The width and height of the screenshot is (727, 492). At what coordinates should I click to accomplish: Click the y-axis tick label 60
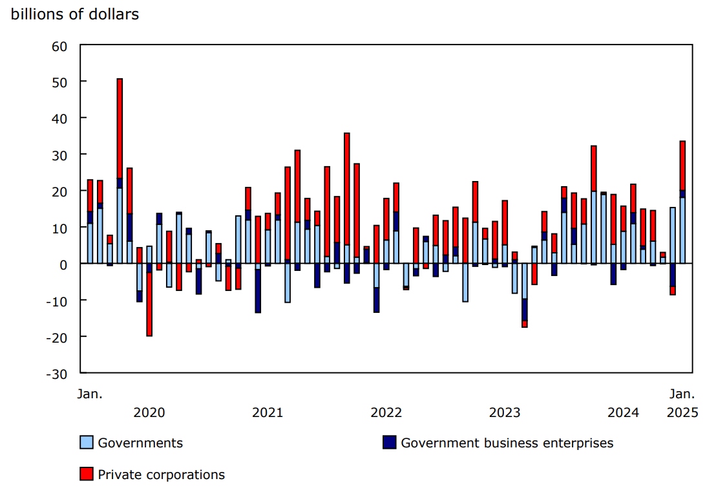[x=59, y=45]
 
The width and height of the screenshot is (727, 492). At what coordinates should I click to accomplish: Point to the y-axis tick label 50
[x=59, y=82]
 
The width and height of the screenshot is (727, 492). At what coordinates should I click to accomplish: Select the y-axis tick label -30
[x=57, y=374]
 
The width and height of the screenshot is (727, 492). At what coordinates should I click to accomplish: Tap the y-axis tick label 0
[x=63, y=264]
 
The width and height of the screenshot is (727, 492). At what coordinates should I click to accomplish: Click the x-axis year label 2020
[x=149, y=412]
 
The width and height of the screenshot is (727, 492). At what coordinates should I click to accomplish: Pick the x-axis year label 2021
[x=268, y=412]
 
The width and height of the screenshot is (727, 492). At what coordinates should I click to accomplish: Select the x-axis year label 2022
[x=386, y=412]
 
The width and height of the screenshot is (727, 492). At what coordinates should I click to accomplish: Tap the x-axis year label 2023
[x=505, y=412]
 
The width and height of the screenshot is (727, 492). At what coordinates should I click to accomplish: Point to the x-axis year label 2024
[x=623, y=412]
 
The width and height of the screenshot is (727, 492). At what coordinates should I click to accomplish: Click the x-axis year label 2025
[x=682, y=412]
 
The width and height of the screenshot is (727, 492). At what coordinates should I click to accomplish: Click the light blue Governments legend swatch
[x=86, y=443]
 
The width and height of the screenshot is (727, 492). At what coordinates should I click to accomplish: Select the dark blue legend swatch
[x=389, y=443]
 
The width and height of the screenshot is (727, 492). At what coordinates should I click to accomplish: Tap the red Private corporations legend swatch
[x=86, y=475]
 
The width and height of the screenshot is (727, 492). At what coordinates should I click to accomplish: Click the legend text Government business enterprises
[x=507, y=443]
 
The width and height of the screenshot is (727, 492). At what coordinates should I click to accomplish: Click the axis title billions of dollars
[x=75, y=14]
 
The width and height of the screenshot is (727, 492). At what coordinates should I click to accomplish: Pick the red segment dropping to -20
[x=149, y=304]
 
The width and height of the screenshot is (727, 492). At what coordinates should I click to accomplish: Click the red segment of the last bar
[x=682, y=166]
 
